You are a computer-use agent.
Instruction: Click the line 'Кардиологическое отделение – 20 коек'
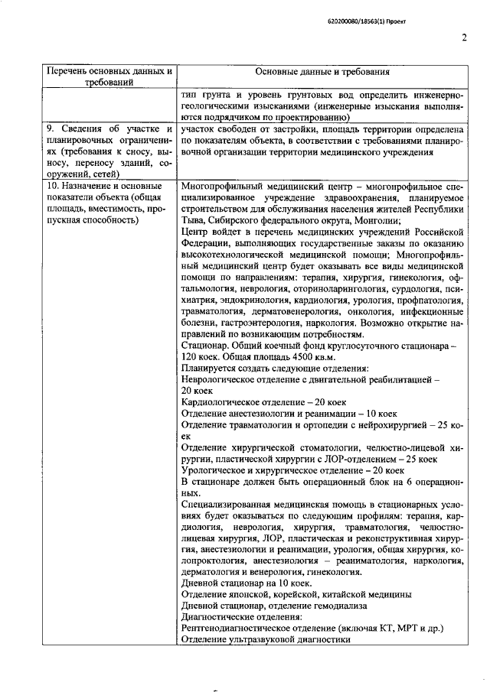point(264,401)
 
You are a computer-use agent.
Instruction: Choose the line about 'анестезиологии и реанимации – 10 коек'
point(284,412)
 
